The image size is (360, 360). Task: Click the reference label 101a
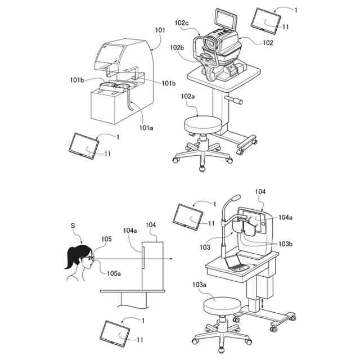click(146, 128)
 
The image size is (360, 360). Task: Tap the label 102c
click(182, 23)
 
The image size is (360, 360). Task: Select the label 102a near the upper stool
click(187, 96)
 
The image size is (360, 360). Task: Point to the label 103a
click(199, 285)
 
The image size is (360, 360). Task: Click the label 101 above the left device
click(160, 30)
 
